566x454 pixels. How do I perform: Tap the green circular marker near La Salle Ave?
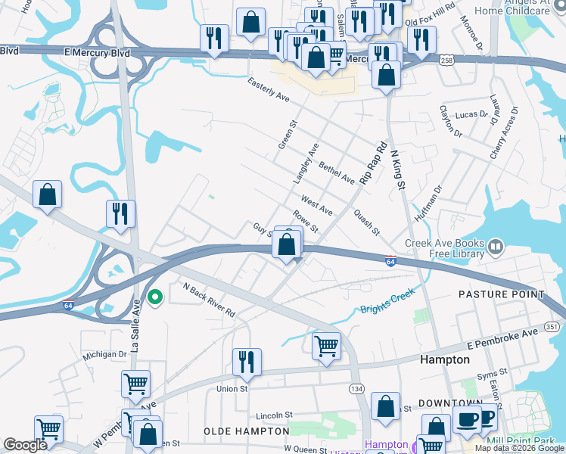click(155, 297)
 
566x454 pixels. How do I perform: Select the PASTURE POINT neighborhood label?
click(501, 294)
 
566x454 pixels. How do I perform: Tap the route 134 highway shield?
click(356, 388)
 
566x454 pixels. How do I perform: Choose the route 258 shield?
click(445, 59)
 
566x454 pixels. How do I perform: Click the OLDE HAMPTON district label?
click(247, 431)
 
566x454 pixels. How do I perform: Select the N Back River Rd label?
click(210, 300)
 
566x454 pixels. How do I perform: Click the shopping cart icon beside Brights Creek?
click(326, 346)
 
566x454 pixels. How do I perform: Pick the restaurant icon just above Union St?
click(247, 361)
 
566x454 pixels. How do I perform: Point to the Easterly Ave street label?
click(269, 89)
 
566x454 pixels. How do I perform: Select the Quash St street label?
click(365, 222)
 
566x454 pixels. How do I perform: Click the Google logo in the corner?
click(26, 445)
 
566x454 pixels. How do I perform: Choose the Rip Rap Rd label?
click(373, 163)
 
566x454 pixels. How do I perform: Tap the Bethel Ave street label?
click(337, 173)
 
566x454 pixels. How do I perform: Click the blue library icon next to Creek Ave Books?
click(495, 246)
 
